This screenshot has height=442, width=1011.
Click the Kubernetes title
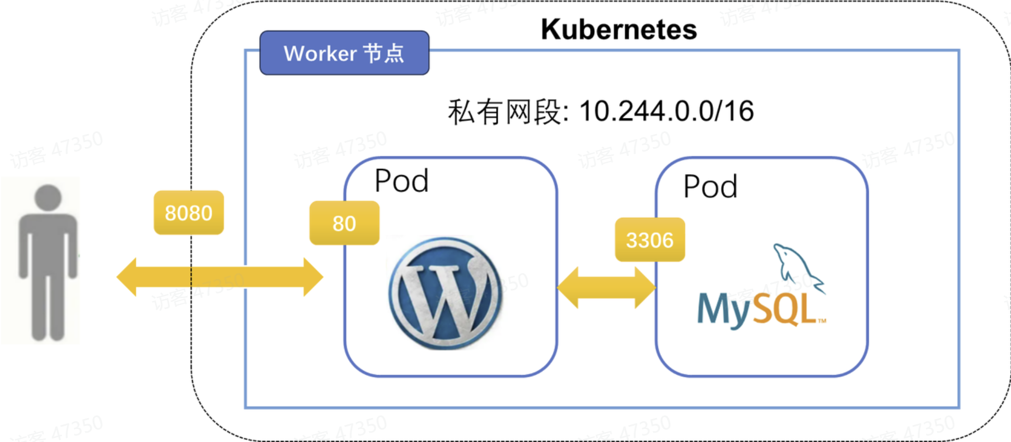tap(619, 30)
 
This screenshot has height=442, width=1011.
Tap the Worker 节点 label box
tap(344, 53)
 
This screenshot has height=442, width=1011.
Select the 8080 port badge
tap(189, 213)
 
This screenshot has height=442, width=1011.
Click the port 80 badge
tap(344, 223)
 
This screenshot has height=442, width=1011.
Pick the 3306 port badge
tap(649, 240)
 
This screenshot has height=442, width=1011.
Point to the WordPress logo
tap(446, 293)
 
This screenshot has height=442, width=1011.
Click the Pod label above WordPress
tap(401, 181)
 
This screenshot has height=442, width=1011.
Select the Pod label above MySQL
tap(710, 187)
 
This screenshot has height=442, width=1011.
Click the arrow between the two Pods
tap(606, 288)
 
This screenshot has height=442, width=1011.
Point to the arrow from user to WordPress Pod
tap(219, 277)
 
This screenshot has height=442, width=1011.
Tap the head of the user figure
tap(48, 198)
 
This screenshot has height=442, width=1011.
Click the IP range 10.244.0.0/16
tap(667, 111)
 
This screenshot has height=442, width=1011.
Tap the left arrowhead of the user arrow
tap(127, 277)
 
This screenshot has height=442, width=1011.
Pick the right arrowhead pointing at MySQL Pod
tap(645, 288)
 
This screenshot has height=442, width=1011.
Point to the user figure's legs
tap(48, 308)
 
